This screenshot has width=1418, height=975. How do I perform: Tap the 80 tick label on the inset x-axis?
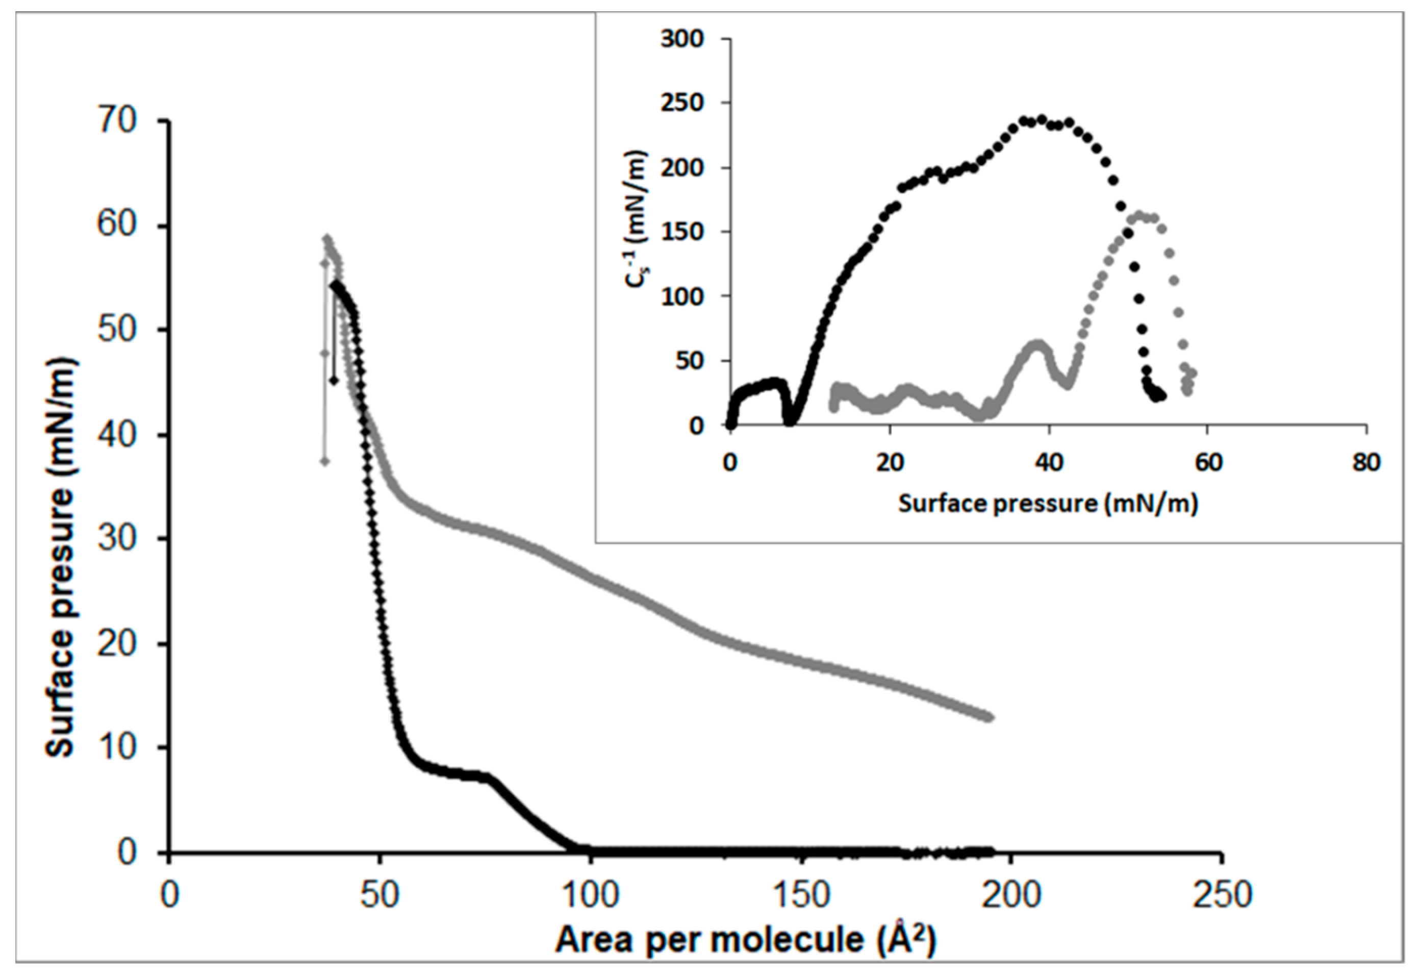pos(1365,463)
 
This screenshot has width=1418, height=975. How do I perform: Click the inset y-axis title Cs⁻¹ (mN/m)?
pos(641,232)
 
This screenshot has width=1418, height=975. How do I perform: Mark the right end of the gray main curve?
pos(990,717)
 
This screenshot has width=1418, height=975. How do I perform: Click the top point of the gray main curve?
pos(327,239)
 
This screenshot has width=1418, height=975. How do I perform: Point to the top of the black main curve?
pos(335,285)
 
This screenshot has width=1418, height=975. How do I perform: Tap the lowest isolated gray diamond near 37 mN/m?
pos(325,461)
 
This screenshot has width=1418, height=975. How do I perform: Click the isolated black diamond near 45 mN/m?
pos(334,381)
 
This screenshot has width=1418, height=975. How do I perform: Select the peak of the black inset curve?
pos(1042,118)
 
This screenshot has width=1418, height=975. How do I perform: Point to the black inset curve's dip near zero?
pos(791,421)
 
